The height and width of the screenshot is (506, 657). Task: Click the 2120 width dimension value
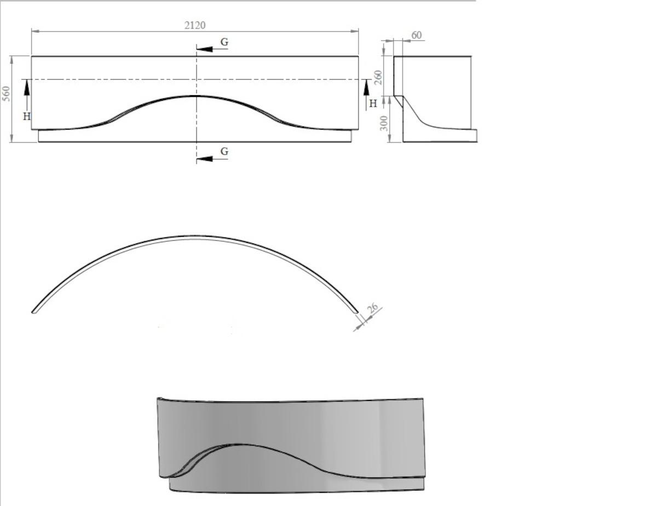click(x=195, y=25)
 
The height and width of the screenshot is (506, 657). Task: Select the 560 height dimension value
click(x=6, y=94)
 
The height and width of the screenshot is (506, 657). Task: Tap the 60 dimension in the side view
click(x=416, y=36)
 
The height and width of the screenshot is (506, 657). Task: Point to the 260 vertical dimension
click(x=378, y=78)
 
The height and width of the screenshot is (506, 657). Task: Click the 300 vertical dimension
click(x=383, y=123)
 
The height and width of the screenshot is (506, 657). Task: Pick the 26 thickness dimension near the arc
click(x=372, y=307)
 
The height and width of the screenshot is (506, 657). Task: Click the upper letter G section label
click(x=224, y=42)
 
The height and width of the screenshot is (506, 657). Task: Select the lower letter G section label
click(x=224, y=151)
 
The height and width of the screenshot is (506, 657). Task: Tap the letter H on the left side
click(x=27, y=116)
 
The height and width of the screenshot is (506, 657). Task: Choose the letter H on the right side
click(x=373, y=103)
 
